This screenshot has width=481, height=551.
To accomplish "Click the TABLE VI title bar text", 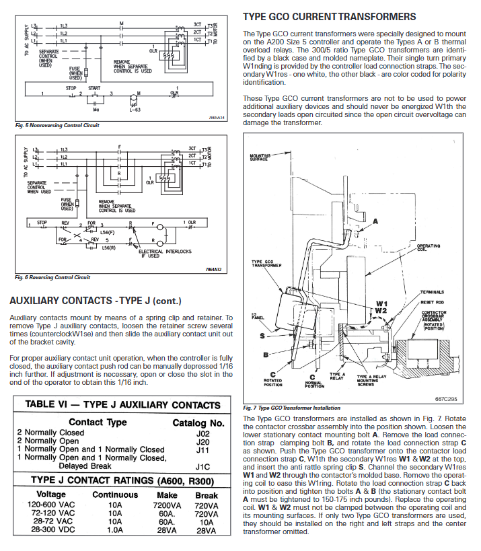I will pyautogui.click(x=122, y=405).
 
